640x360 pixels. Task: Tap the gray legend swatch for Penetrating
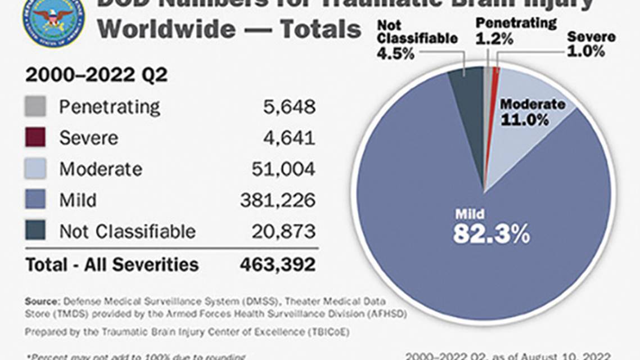[35, 106]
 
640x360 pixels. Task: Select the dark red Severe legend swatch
[35, 138]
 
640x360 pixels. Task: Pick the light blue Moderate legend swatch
[35, 169]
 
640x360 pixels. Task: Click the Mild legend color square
[35, 200]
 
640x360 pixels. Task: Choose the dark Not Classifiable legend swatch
[35, 231]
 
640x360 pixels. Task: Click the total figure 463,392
[278, 264]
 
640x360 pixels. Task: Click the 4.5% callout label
[396, 54]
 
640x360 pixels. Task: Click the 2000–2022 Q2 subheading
[96, 75]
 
